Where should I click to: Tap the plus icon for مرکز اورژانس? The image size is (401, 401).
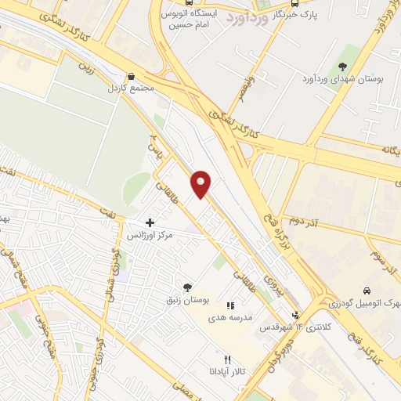[x=150, y=223]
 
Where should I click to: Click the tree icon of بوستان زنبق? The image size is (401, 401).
[x=186, y=287]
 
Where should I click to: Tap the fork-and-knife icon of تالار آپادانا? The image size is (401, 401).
[x=227, y=359]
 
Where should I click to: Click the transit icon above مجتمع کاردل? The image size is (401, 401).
[x=131, y=75]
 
